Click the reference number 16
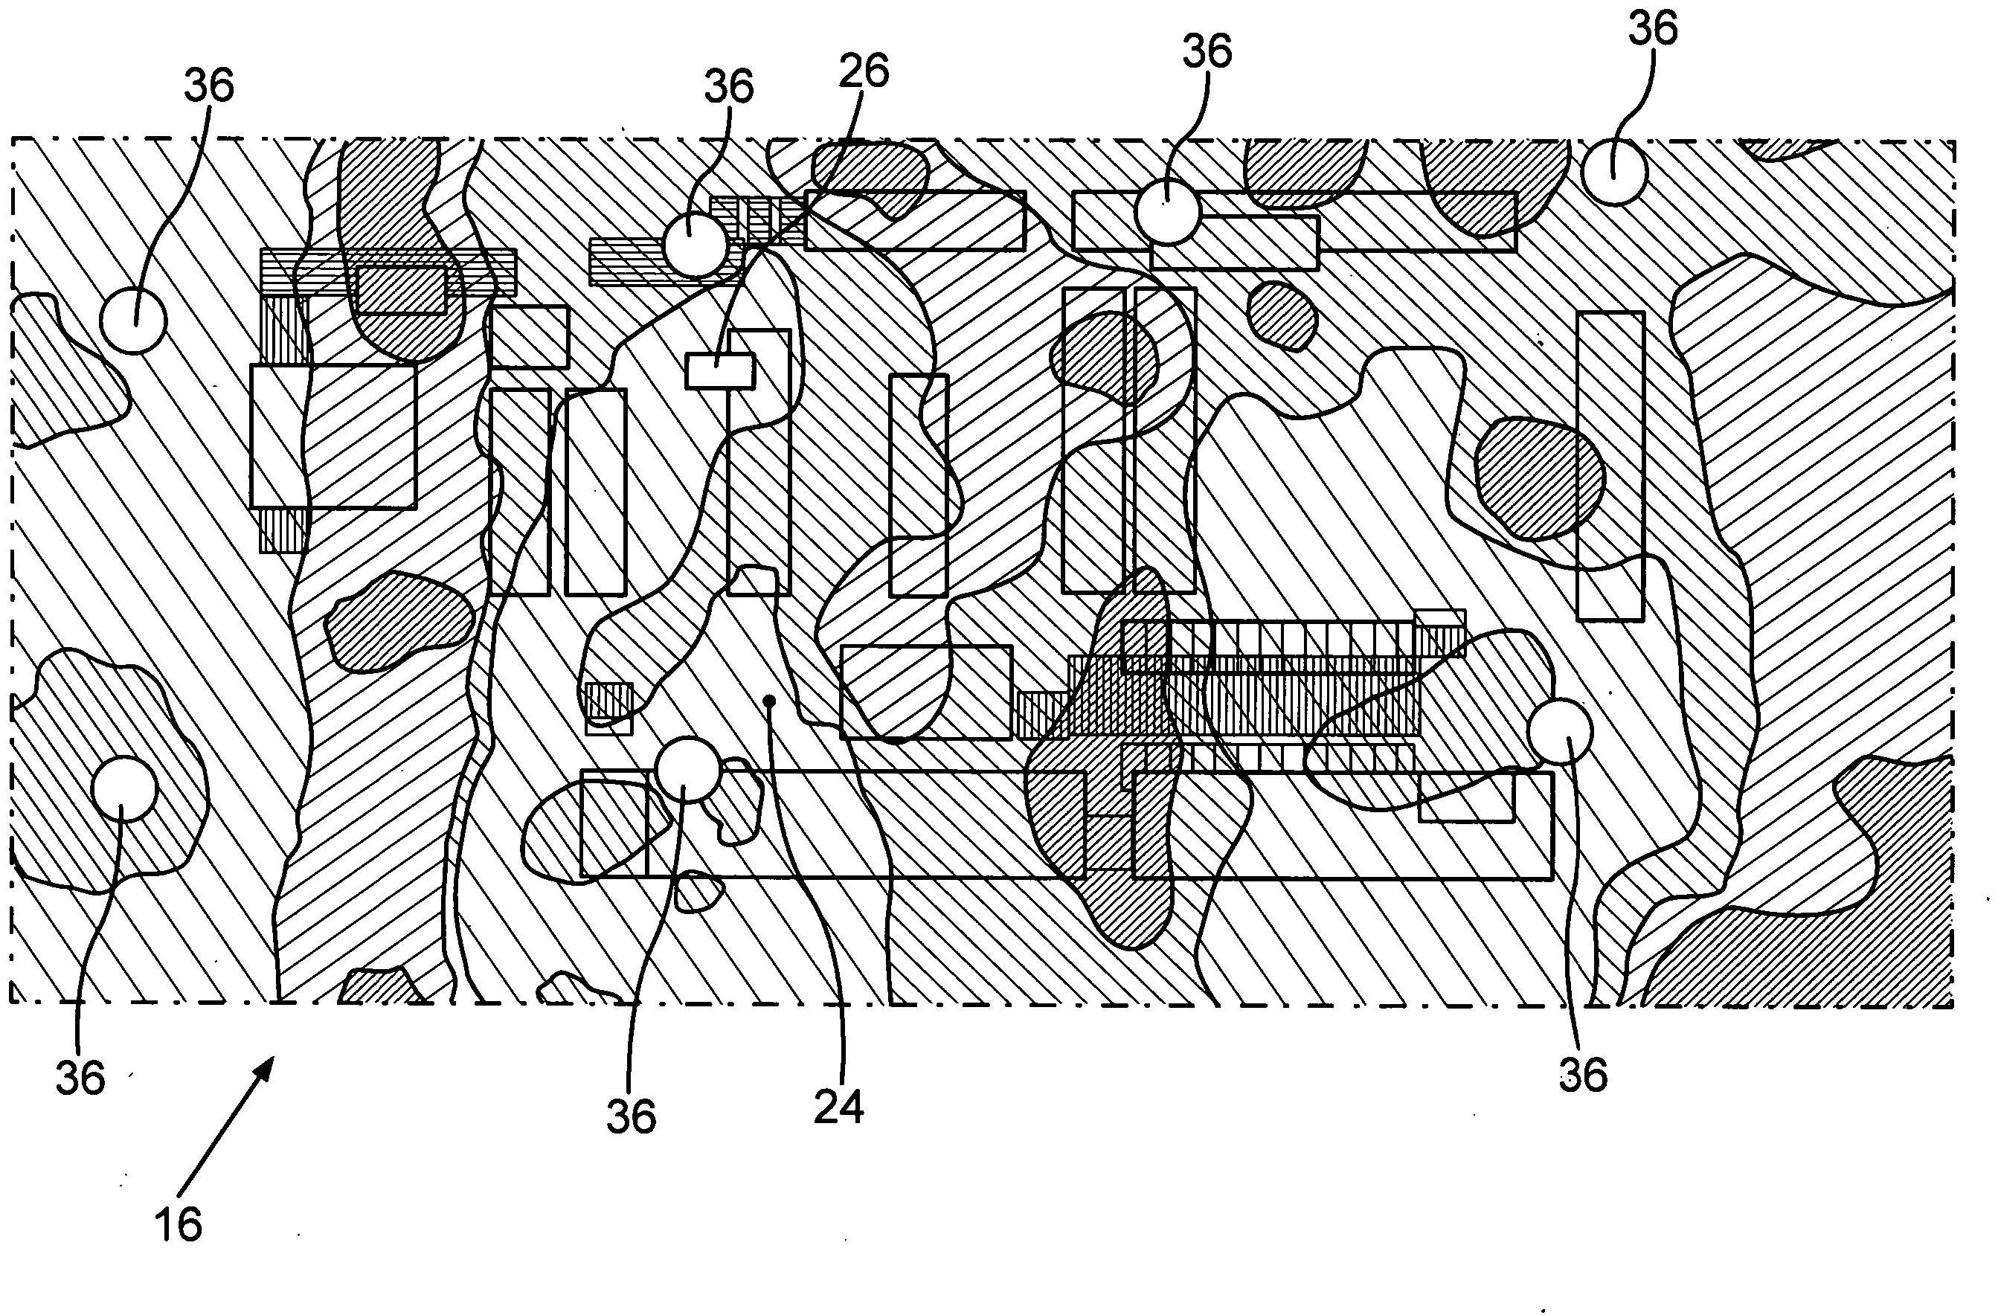pyautogui.click(x=178, y=1224)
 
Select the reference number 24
pyautogui.click(x=838, y=1107)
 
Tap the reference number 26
pyautogui.click(x=863, y=71)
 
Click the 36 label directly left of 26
pyautogui.click(x=729, y=86)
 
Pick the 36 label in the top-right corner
pyautogui.click(x=1652, y=28)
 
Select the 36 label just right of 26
pyautogui.click(x=1207, y=51)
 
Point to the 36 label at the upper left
pyautogui.click(x=209, y=86)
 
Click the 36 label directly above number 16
pyautogui.click(x=80, y=1077)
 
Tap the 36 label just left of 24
pyautogui.click(x=632, y=1116)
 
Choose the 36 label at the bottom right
pyautogui.click(x=1582, y=1074)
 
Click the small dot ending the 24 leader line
pyautogui.click(x=769, y=698)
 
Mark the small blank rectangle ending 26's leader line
pyautogui.click(x=719, y=370)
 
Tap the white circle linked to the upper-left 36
pyautogui.click(x=133, y=320)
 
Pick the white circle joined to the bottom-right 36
pyautogui.click(x=1560, y=731)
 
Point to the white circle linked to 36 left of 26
pyautogui.click(x=695, y=244)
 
